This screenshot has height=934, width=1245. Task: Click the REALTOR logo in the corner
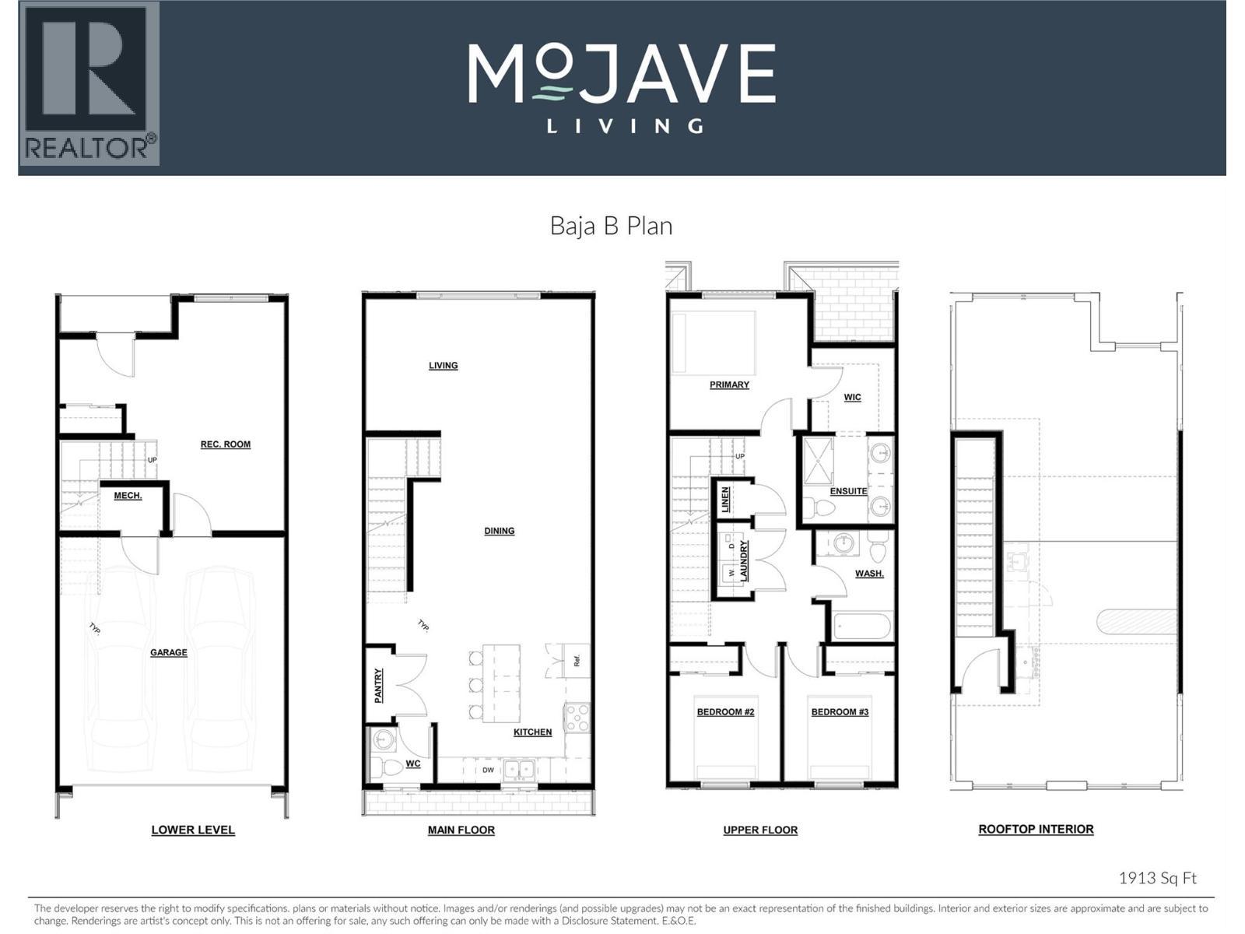[89, 83]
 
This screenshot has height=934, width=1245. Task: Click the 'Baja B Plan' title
[611, 226]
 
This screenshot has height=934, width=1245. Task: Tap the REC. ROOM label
[226, 444]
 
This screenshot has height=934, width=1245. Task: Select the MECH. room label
[128, 496]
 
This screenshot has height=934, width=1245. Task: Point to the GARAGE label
[169, 652]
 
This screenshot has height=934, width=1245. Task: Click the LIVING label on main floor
[443, 366]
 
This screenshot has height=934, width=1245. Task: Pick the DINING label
[499, 531]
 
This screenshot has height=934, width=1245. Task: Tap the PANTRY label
[378, 686]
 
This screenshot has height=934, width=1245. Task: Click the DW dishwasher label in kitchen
[488, 771]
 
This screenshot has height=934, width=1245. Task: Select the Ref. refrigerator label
[577, 661]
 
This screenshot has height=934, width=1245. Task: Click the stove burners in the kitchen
[577, 717]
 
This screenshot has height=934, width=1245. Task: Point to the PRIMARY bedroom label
[729, 384]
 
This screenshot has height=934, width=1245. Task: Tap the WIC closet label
[852, 397]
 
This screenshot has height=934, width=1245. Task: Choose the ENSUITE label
[848, 491]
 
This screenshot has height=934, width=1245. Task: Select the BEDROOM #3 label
[840, 712]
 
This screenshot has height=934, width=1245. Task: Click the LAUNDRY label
[744, 561]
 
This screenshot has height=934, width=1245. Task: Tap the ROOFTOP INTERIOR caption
[1036, 830]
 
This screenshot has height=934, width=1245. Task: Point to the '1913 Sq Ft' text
[1157, 878]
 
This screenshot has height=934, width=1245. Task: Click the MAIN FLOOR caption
[461, 830]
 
